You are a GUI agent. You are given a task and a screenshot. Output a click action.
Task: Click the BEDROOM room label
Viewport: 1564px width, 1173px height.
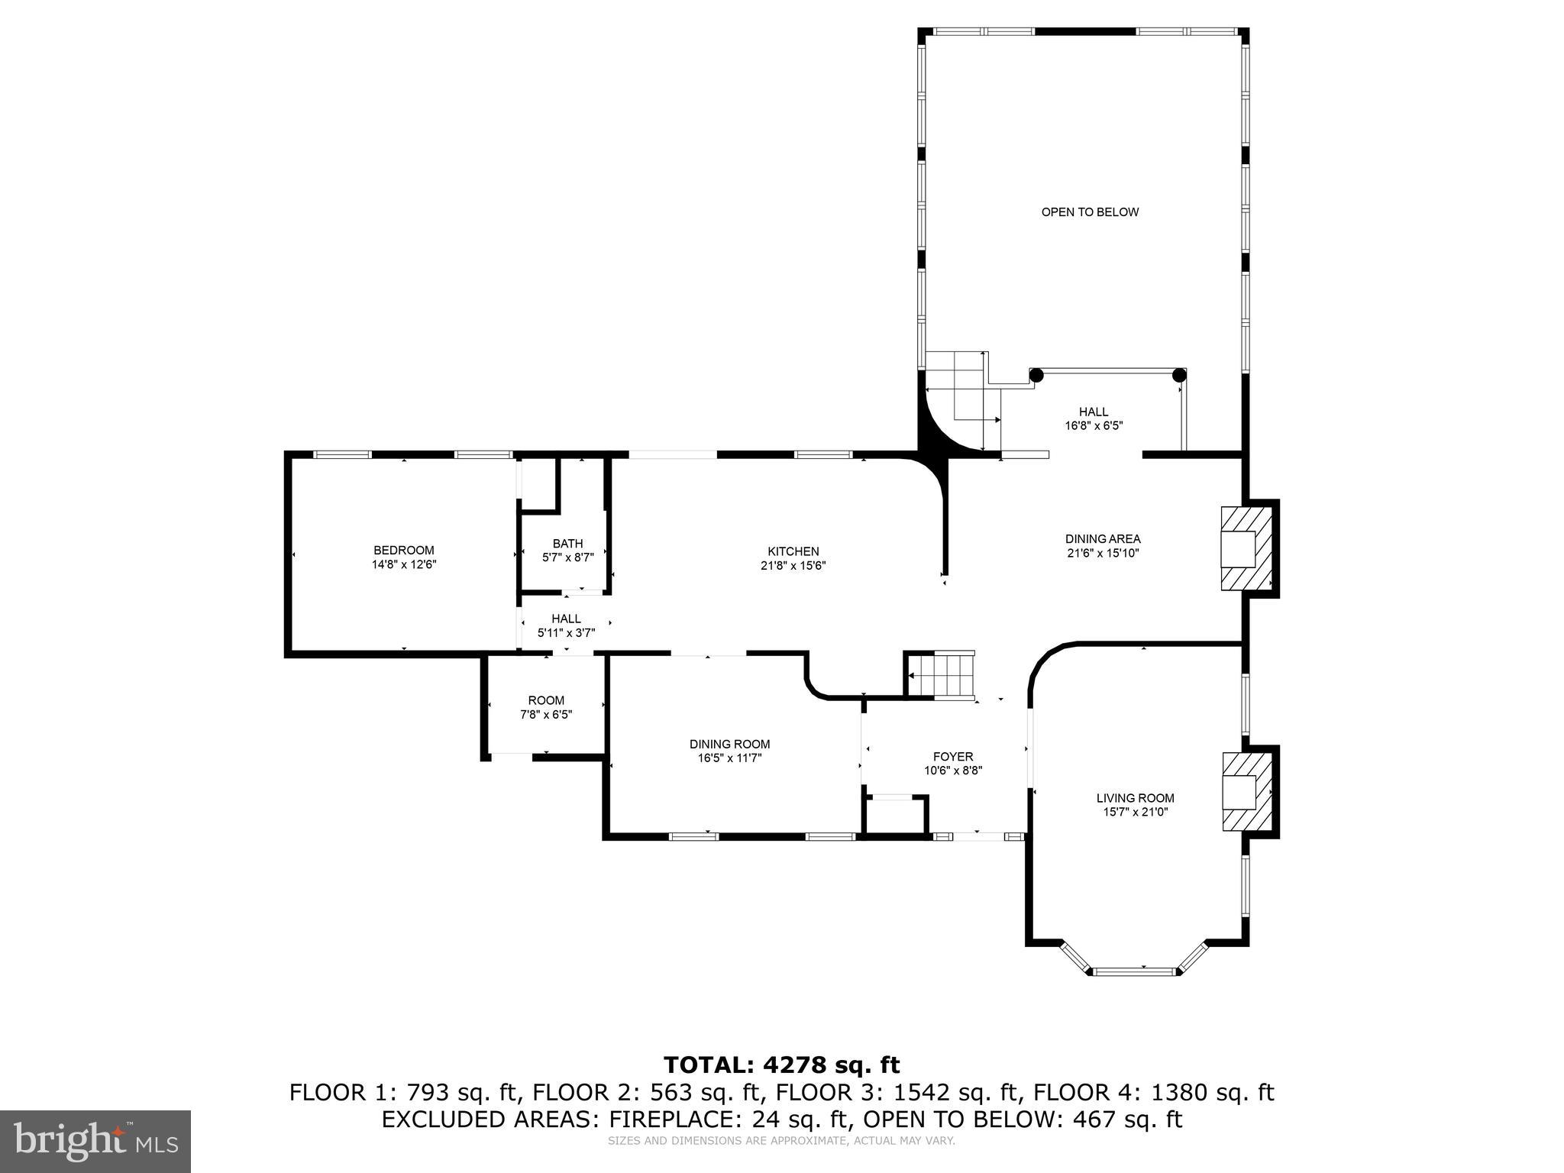403,550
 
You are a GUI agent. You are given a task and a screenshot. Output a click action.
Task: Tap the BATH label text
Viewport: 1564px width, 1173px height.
567,544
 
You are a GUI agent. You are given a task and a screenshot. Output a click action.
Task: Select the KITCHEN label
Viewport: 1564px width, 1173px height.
793,551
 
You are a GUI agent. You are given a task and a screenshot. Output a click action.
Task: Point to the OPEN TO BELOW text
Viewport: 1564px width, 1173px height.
1090,212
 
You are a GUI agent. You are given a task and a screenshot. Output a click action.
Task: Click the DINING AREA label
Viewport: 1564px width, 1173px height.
1103,539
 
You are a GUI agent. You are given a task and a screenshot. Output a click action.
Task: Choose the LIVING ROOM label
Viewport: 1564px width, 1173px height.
1135,798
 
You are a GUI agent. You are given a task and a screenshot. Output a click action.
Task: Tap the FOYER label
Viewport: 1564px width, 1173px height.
952,757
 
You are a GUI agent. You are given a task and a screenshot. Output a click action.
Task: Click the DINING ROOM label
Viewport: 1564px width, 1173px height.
729,744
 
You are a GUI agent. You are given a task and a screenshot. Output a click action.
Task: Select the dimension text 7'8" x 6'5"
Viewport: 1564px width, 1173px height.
546,715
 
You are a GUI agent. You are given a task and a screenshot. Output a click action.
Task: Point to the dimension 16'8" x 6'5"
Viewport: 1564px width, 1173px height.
1094,426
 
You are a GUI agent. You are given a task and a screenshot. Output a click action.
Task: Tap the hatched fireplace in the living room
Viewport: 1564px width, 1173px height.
1248,792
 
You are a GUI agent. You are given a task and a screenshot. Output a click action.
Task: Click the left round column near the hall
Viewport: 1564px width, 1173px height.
1036,375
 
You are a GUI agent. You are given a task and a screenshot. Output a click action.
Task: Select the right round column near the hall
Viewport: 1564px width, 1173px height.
1179,375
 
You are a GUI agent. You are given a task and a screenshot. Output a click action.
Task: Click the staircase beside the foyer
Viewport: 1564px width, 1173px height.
941,675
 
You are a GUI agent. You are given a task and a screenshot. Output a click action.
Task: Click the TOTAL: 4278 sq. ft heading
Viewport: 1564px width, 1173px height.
781,1065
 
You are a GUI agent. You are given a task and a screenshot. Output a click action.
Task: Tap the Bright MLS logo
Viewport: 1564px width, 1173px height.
95,1141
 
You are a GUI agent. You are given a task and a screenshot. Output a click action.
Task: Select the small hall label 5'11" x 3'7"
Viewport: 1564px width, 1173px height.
566,632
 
